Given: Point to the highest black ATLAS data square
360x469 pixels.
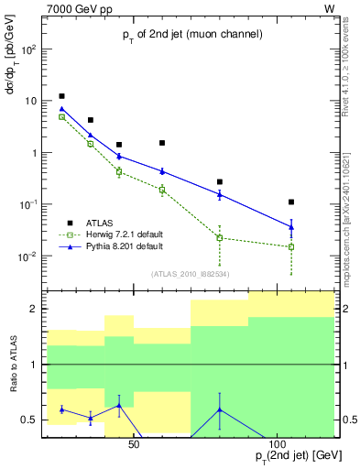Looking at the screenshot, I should pyautogui.click(x=61, y=96).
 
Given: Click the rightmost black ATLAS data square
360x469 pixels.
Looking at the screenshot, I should pyautogui.click(x=291, y=202).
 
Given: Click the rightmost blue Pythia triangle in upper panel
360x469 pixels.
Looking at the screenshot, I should pyautogui.click(x=291, y=226).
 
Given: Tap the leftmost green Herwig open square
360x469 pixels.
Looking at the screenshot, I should pyautogui.click(x=61, y=117).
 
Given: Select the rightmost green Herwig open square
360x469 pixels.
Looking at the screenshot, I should pyautogui.click(x=291, y=246).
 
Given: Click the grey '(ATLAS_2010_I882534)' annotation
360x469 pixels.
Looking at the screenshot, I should pyautogui.click(x=189, y=273).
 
